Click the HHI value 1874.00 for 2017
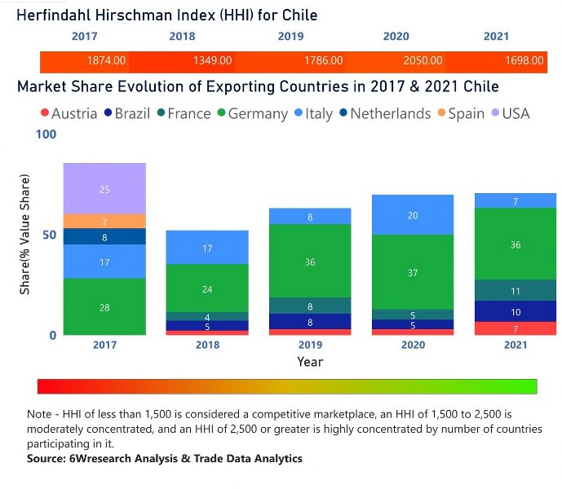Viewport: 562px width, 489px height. click(x=106, y=60)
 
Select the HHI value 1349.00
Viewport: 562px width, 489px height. click(x=212, y=60)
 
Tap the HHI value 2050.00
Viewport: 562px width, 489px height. click(x=423, y=60)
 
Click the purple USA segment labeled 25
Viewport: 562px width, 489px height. click(x=104, y=189)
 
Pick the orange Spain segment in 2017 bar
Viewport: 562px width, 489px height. click(x=104, y=222)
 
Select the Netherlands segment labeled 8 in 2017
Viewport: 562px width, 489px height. click(x=104, y=237)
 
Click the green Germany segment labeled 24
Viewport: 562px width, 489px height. click(x=207, y=289)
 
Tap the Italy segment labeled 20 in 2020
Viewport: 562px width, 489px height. click(x=413, y=215)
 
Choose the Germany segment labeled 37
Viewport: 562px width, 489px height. click(x=413, y=272)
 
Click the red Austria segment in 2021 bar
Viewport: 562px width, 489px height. click(x=516, y=328)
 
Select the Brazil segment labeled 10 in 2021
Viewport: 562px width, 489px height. click(x=516, y=312)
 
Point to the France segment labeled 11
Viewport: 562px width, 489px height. click(x=516, y=291)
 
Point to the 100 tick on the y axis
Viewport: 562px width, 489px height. click(x=46, y=134)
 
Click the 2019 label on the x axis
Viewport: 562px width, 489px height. click(x=310, y=346)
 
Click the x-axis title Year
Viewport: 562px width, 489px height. click(x=310, y=361)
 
